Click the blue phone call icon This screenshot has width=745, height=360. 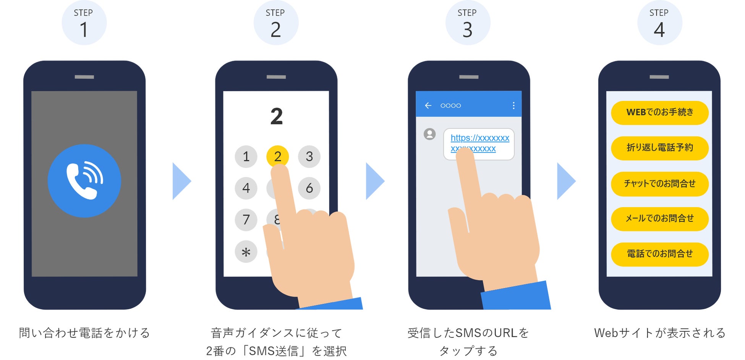(84, 181)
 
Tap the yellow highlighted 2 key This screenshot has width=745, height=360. (277, 156)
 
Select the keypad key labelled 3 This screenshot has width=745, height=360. (309, 156)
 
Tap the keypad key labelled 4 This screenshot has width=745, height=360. (246, 188)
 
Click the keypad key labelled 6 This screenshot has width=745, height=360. (309, 188)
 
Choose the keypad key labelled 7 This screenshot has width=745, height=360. (246, 219)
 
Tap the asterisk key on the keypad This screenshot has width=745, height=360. (246, 251)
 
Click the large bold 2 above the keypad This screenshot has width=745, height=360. (277, 117)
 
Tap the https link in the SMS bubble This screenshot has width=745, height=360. (479, 138)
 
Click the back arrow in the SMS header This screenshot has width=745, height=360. (428, 105)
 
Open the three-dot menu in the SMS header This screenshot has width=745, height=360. (513, 105)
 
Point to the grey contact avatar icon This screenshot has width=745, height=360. (430, 134)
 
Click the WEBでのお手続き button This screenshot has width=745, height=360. (660, 112)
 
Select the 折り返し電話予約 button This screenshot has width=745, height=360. (660, 148)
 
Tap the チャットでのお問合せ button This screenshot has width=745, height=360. (660, 184)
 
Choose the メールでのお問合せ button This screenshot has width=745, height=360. (660, 219)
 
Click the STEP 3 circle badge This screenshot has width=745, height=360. (468, 23)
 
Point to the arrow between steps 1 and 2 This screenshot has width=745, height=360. (181, 181)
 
